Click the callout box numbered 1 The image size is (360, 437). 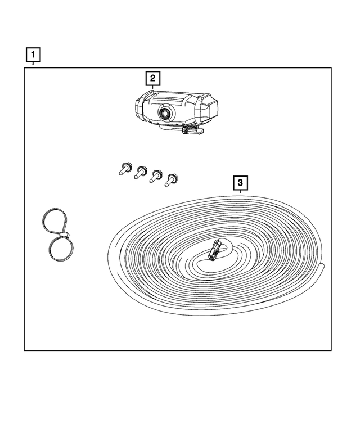(34, 55)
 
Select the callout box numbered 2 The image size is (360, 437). (152, 78)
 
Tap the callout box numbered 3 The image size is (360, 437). (240, 183)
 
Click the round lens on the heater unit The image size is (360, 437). (166, 112)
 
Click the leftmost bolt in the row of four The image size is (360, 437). (124, 168)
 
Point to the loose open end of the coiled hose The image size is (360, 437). (322, 267)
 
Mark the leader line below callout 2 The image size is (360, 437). (152, 87)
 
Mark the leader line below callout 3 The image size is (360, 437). (240, 192)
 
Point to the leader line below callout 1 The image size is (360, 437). (34, 65)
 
